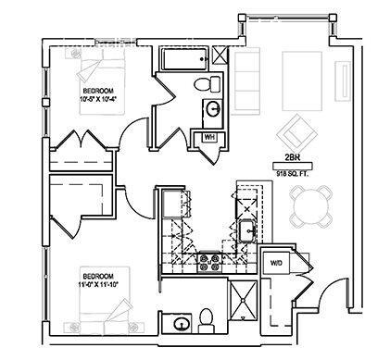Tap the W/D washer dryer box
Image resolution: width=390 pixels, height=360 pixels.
point(276,264)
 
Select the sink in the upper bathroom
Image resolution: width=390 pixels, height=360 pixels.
point(213,108)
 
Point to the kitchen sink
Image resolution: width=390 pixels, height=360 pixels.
point(248,229)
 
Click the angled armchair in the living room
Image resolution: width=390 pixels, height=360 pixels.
point(297,130)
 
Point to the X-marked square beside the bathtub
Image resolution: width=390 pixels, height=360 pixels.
point(220,55)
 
